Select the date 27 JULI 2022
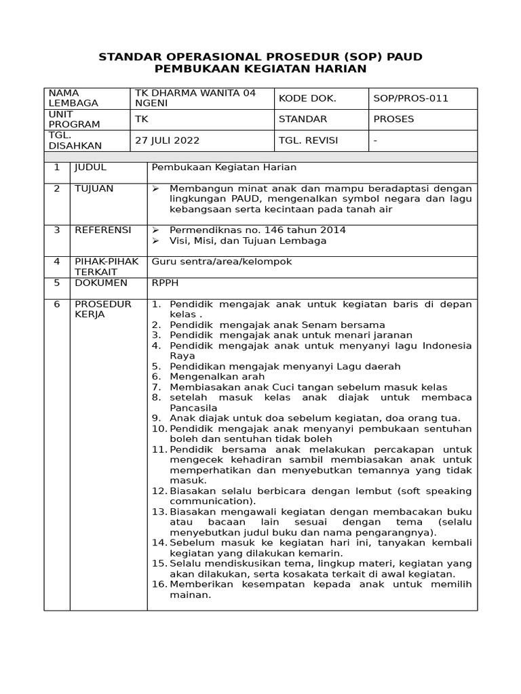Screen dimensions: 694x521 point(168,140)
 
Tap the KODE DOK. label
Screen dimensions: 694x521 point(307,98)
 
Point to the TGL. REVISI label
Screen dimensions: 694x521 point(308,140)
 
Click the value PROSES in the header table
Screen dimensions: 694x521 point(393,119)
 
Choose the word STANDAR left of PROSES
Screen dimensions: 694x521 point(303,119)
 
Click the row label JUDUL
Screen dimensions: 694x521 point(90,167)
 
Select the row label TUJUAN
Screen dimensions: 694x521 point(94,188)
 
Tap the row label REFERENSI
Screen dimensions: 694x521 point(102,230)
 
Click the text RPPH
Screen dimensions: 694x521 point(165,283)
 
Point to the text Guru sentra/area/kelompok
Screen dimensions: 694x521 point(222,262)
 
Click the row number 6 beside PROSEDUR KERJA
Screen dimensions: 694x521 point(57,304)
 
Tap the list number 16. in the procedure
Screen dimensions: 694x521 point(159,585)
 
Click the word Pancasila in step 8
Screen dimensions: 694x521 point(193,408)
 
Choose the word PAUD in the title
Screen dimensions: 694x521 point(406,56)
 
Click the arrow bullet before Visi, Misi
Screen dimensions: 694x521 point(155,241)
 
